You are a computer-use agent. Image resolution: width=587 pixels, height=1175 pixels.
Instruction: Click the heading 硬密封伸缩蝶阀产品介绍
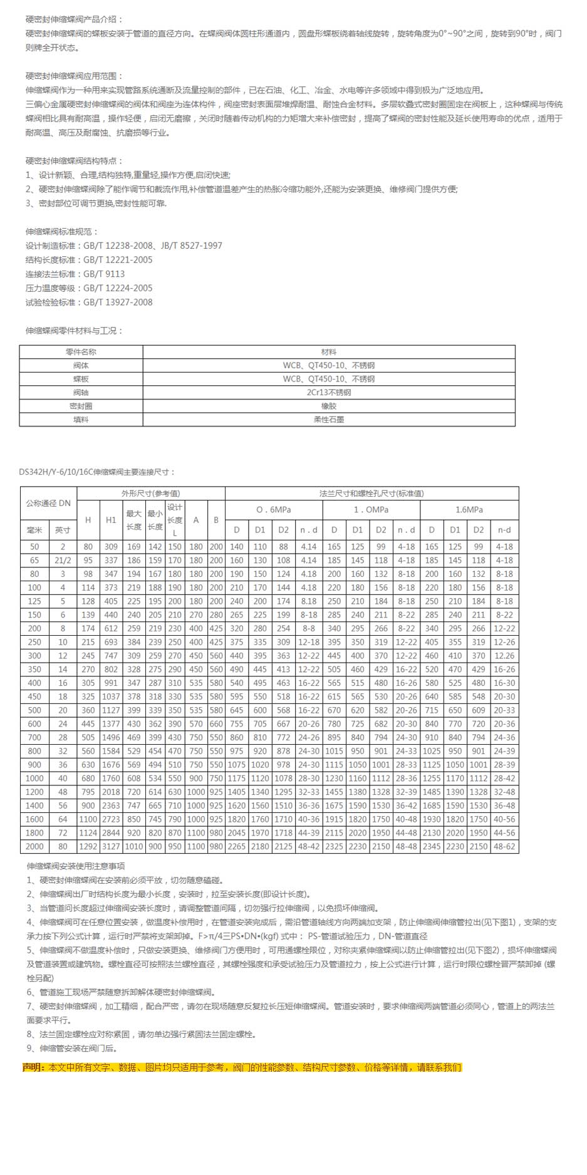[75, 19]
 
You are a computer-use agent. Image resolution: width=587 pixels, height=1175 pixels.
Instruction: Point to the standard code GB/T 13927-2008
[118, 302]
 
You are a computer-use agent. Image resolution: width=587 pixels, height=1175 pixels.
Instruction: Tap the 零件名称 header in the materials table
[81, 352]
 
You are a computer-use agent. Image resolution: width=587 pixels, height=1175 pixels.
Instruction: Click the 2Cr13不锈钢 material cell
[329, 393]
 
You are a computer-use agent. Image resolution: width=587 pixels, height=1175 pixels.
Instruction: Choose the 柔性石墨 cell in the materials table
[329, 420]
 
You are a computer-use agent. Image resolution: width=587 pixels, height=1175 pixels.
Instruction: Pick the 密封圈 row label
[81, 406]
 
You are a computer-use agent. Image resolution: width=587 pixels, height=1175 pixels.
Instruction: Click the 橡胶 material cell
[329, 406]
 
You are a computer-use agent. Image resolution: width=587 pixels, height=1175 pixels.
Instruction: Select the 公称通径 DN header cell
[48, 504]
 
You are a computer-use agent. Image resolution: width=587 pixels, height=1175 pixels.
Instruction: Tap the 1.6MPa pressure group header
[469, 510]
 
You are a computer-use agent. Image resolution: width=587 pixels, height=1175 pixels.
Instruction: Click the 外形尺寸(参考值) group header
[150, 494]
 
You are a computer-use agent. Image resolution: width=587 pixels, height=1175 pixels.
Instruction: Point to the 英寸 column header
[63, 530]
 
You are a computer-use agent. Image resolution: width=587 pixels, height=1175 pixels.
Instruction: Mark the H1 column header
[111, 520]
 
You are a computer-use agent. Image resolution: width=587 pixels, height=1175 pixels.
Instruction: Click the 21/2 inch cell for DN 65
[63, 561]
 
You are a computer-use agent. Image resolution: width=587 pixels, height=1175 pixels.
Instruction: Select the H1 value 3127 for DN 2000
[111, 847]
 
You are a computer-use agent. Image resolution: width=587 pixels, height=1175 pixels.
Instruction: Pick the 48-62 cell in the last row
[504, 847]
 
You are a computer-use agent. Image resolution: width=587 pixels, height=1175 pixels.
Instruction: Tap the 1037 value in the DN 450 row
[111, 696]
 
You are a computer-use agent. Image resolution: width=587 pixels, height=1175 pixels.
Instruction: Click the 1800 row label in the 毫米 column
[34, 833]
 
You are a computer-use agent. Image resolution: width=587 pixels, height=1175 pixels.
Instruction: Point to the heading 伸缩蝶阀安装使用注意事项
[76, 866]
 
